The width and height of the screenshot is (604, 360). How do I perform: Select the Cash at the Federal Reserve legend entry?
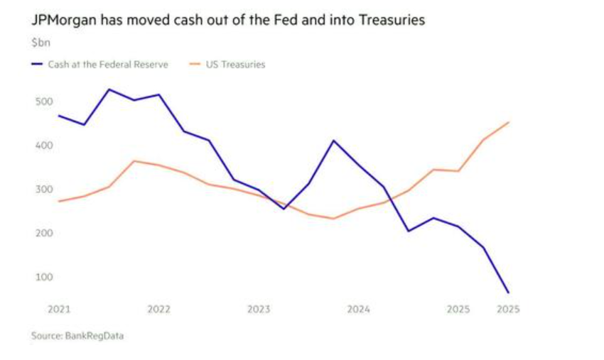[107, 65]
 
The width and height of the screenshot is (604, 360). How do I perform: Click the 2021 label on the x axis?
[59, 310]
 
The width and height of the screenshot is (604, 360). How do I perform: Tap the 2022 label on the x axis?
[158, 310]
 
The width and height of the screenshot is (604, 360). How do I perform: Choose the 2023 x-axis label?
[259, 310]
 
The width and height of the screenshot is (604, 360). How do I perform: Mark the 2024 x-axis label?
[358, 310]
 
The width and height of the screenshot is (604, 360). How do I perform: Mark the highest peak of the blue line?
[109, 89]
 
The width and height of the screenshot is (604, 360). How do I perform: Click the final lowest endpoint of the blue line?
[508, 293]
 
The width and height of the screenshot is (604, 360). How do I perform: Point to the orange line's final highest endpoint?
[508, 122]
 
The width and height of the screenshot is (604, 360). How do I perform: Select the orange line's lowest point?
[333, 219]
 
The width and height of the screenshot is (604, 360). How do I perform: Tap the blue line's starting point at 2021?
[59, 116]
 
